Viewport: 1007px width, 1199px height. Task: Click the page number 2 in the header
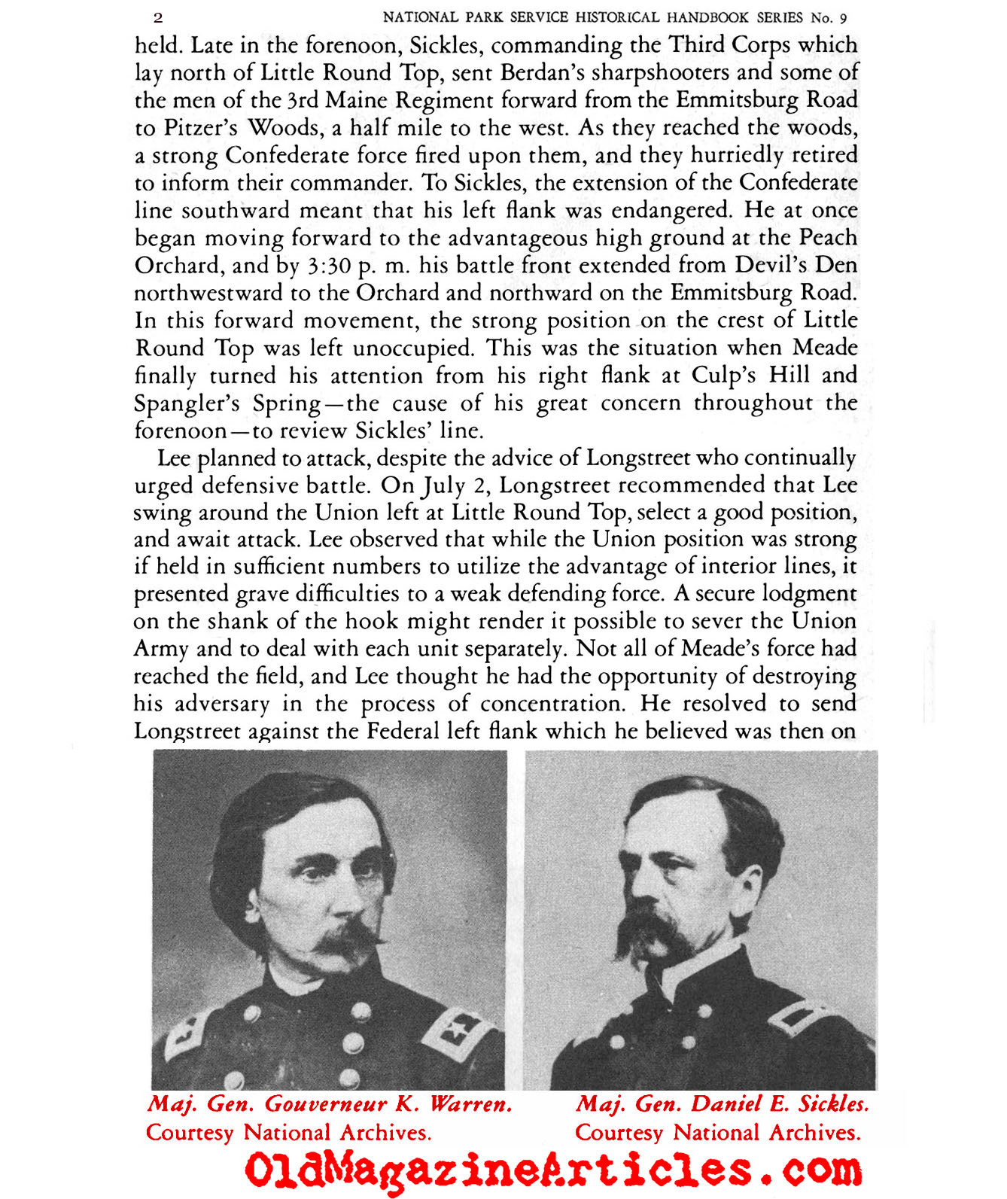158,17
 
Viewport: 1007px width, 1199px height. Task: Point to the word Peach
828,238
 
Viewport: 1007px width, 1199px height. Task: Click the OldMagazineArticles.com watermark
553,1170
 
